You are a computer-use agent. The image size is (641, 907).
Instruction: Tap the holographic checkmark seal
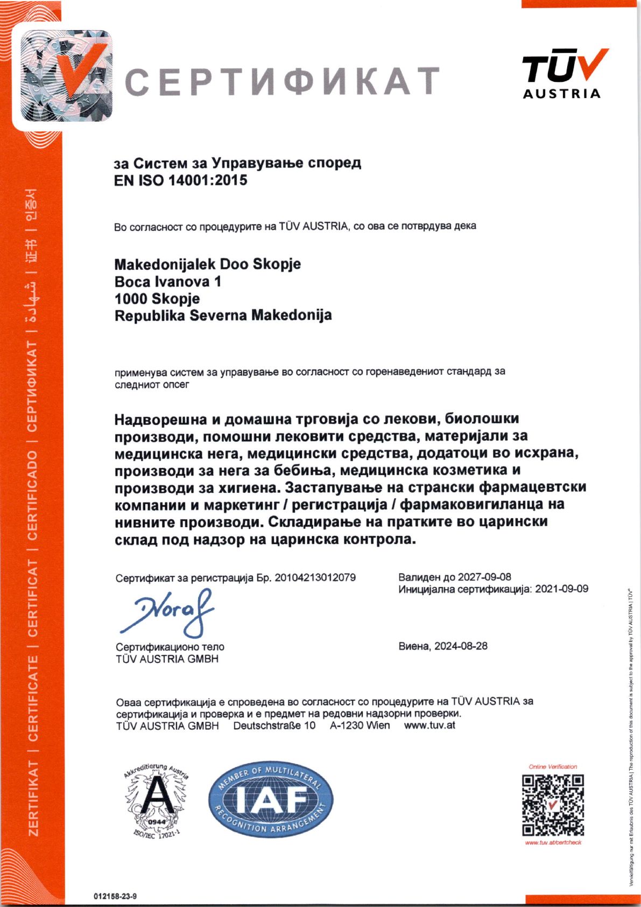[67, 76]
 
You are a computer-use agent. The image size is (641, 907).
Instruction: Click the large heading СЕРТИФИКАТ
[283, 81]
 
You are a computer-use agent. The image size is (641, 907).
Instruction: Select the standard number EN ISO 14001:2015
[181, 180]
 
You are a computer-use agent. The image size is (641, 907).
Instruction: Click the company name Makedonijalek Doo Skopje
[208, 264]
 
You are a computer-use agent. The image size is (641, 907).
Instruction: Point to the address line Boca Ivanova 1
[168, 282]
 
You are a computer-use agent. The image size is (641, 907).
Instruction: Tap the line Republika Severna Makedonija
[223, 315]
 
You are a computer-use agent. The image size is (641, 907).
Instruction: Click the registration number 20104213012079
[315, 577]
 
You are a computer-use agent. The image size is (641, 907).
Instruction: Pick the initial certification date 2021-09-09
[562, 589]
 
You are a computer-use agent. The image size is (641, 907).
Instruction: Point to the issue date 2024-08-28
[461, 646]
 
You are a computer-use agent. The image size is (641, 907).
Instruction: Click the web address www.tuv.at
[429, 725]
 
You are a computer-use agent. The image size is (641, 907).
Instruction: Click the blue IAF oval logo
[271, 799]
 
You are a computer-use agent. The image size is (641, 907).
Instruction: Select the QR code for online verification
[553, 805]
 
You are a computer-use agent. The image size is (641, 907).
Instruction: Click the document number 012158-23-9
[115, 896]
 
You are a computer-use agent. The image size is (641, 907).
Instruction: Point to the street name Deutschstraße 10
[274, 725]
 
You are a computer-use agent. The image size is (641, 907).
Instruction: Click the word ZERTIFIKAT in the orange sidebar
[33, 798]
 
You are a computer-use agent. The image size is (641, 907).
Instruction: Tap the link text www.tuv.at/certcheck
[553, 842]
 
